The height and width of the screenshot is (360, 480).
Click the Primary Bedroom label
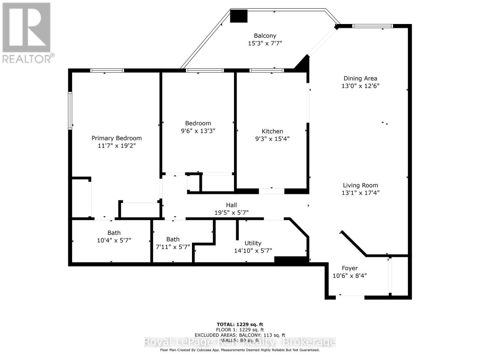tap(116, 138)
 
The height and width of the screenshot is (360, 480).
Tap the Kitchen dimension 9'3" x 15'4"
tap(272, 139)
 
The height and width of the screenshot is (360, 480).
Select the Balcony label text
tap(265, 36)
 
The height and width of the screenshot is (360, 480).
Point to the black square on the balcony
tap(239, 16)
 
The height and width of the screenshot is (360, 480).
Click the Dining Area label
tap(360, 79)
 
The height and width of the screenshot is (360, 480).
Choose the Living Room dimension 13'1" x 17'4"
tap(360, 193)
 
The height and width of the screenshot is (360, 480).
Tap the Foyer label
tap(350, 268)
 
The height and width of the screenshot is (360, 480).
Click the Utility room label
tap(253, 243)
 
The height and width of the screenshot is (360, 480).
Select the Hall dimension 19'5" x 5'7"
tap(231, 213)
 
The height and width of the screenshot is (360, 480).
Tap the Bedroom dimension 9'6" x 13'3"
tap(198, 131)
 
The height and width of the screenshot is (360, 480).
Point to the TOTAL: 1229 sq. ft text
tap(240, 324)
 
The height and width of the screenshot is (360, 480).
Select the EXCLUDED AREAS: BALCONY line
tap(240, 335)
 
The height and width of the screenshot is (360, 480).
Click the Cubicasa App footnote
tap(240, 350)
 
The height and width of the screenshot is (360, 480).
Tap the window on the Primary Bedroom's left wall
tap(70, 111)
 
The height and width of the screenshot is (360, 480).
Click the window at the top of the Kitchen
tap(266, 70)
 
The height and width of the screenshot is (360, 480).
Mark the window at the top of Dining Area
tap(372, 26)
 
